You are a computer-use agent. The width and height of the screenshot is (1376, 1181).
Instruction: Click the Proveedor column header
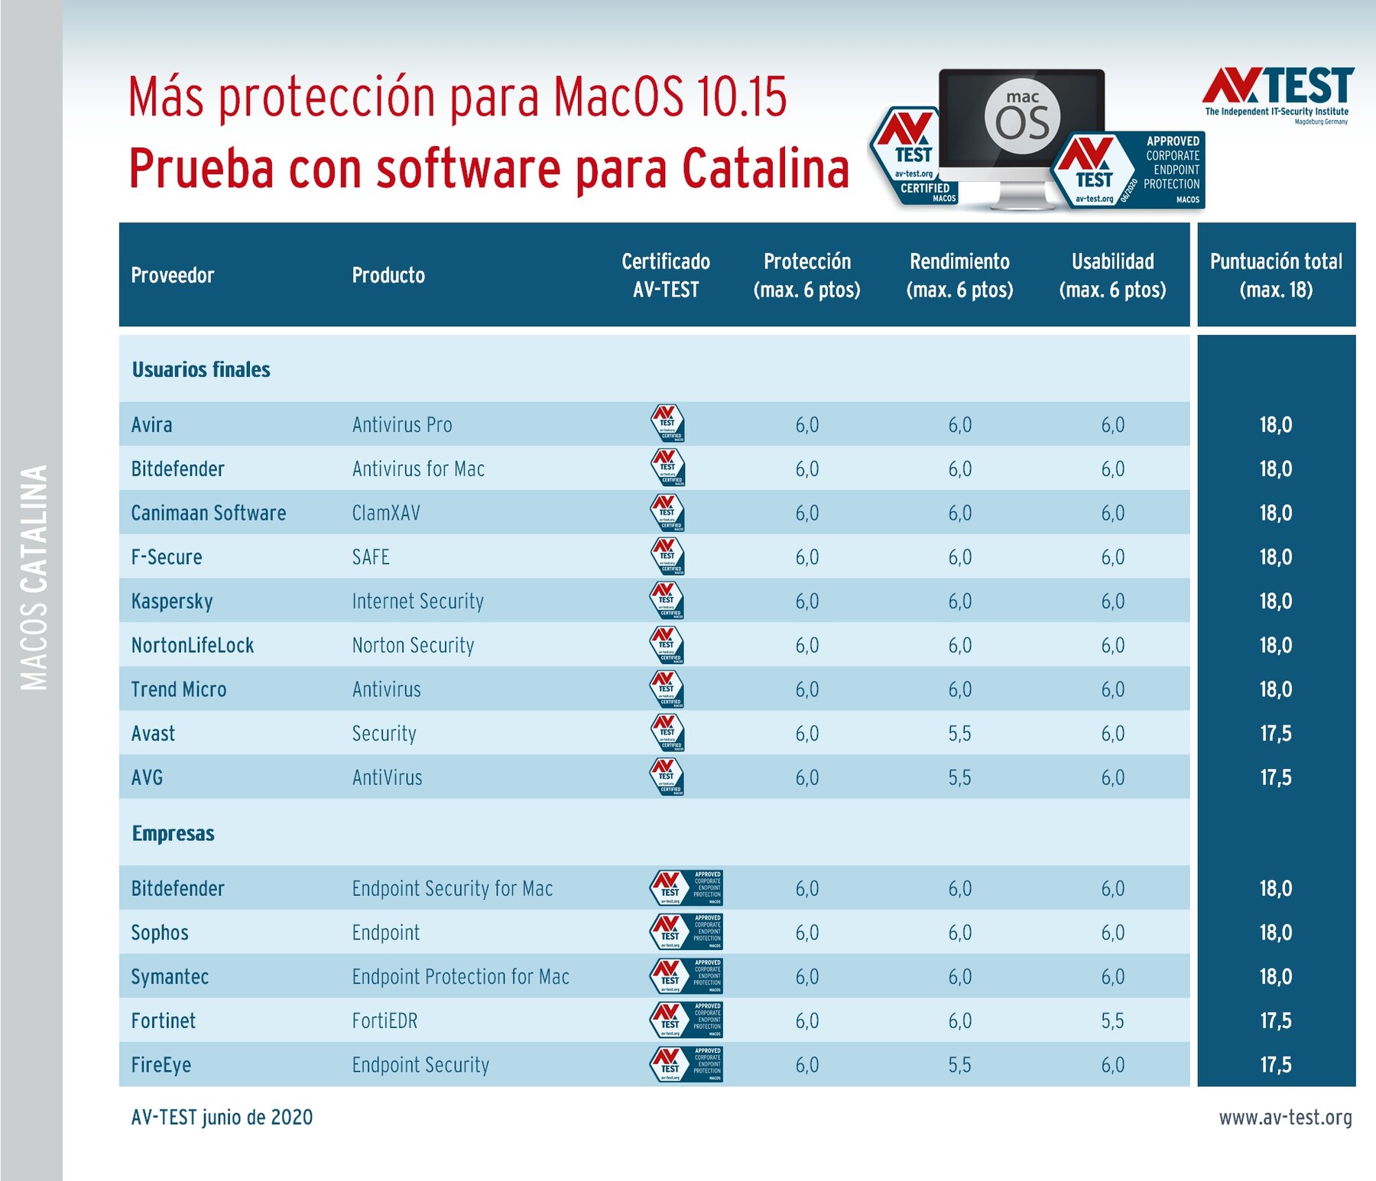tap(172, 275)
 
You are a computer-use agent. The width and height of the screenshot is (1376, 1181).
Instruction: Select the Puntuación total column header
tap(1276, 275)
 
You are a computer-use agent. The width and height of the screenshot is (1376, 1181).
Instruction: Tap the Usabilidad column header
tap(1112, 275)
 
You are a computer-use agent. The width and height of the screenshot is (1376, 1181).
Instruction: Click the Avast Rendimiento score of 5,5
tap(959, 734)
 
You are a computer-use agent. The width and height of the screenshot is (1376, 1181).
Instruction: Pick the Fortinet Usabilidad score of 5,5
tap(1112, 1021)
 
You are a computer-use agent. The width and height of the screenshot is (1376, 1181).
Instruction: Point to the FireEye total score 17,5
tap(1276, 1065)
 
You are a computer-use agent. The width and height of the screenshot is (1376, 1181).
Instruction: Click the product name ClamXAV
tap(386, 513)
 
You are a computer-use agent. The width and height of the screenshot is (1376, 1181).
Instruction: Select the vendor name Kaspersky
tap(172, 602)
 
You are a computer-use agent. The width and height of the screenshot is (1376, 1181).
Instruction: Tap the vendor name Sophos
tap(160, 933)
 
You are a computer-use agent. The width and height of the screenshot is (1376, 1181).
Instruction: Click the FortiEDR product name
tap(385, 1021)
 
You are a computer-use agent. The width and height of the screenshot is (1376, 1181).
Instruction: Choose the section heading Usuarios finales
tap(201, 370)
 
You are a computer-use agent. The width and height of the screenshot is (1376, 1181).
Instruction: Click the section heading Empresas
tap(174, 833)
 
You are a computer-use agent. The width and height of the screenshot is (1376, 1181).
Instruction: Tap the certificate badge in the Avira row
tap(667, 423)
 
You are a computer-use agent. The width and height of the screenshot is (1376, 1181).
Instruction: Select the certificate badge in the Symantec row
tap(686, 976)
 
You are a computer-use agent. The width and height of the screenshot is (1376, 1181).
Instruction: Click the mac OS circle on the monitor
tap(1022, 116)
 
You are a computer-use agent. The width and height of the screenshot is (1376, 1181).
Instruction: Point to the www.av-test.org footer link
tap(1285, 1118)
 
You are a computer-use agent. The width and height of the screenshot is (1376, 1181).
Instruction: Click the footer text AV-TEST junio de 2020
tap(222, 1118)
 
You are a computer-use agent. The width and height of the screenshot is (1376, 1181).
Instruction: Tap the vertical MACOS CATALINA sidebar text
tap(34, 577)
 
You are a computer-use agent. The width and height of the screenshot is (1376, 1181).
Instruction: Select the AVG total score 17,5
tap(1276, 778)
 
